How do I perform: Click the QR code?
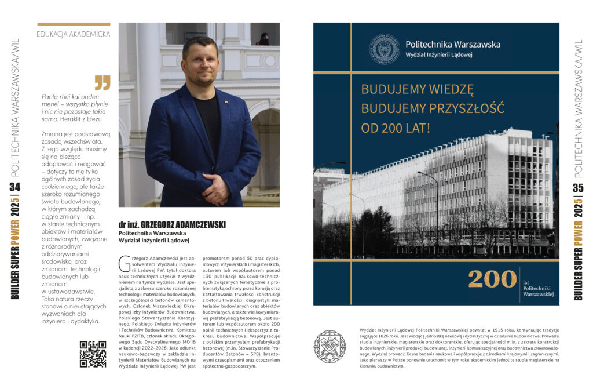(93, 354)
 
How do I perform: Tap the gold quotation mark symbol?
(102, 82)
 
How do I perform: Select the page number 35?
(577, 188)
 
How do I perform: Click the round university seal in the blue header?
(385, 49)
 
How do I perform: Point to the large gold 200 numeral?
(492, 279)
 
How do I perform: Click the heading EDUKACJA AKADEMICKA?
(74, 34)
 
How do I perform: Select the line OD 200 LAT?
(396, 128)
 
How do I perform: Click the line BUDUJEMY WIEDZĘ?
(417, 89)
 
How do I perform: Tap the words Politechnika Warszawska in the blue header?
(452, 44)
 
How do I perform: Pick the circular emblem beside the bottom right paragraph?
(330, 347)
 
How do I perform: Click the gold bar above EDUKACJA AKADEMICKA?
(74, 24)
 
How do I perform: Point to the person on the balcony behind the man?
(263, 38)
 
